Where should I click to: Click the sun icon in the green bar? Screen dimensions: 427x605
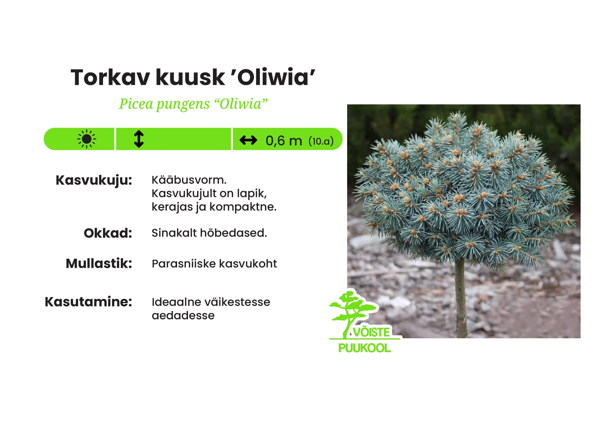pos(87,139)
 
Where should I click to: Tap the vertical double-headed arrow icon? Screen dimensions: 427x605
pos(139,139)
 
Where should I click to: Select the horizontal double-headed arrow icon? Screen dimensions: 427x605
pos(248,140)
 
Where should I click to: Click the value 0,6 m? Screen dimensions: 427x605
pos(283,141)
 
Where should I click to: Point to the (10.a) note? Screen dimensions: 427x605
pos(321,141)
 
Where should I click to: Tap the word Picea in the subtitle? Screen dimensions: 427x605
pos(136,104)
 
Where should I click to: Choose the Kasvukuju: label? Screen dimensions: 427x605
pos(94,181)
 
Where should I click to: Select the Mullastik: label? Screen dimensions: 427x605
pos(99,264)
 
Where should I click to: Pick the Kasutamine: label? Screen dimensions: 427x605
pos(88,302)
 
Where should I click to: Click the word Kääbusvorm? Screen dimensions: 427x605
pos(189,180)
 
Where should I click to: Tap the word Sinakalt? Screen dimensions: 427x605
pos(174,233)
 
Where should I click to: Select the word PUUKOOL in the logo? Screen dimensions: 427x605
pos(364,348)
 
